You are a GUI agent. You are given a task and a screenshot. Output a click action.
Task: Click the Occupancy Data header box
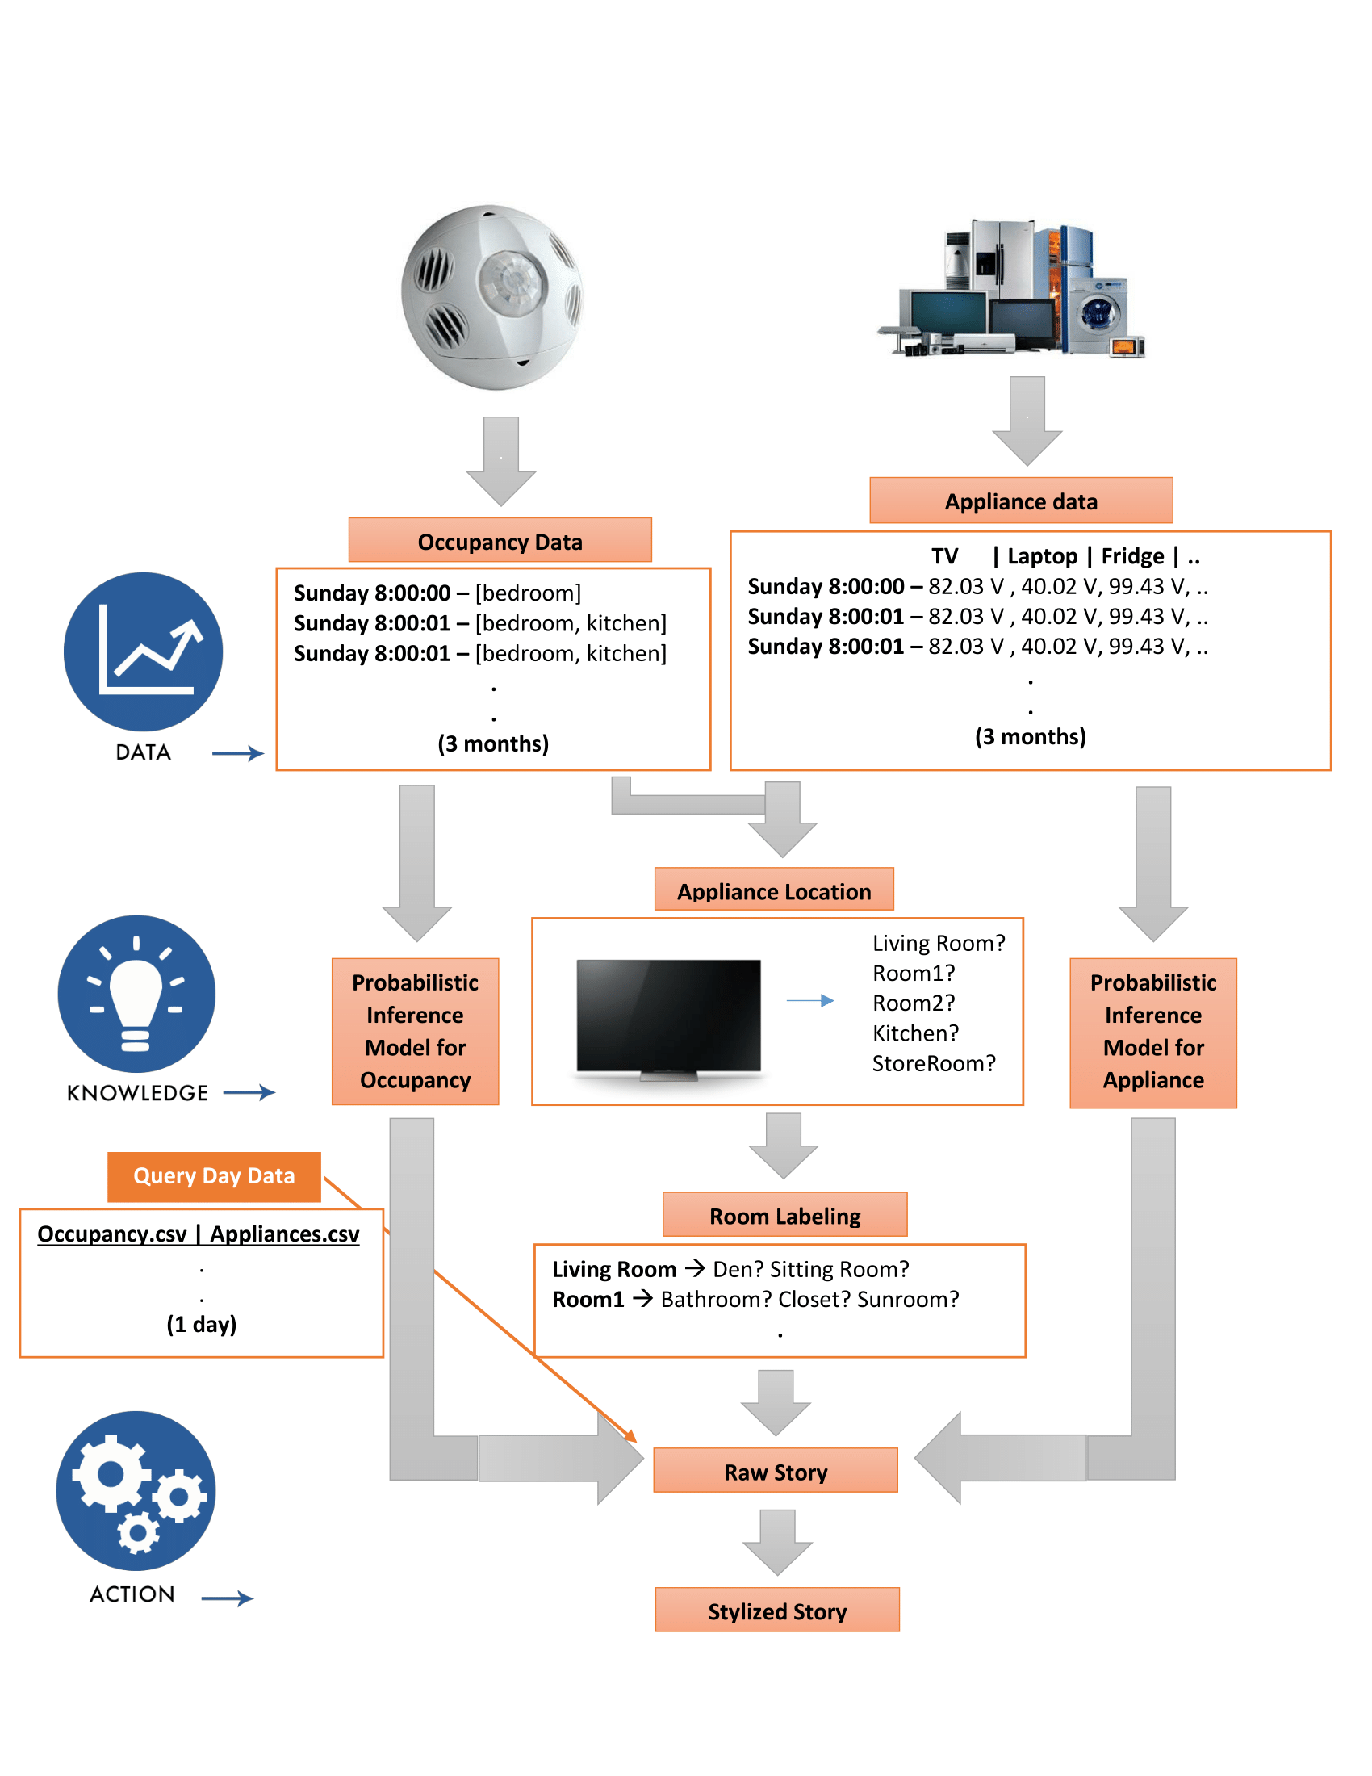[500, 541]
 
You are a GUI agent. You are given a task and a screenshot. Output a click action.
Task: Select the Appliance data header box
[1021, 501]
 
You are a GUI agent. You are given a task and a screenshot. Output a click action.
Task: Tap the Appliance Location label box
[774, 890]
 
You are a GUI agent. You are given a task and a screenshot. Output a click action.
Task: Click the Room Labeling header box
[784, 1215]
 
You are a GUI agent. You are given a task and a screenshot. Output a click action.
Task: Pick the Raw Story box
[776, 1471]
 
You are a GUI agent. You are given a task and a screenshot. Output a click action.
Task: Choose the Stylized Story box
[777, 1611]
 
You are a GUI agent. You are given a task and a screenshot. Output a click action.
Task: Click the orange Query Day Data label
[214, 1176]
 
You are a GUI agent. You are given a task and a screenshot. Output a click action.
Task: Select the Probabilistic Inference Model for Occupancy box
[416, 1031]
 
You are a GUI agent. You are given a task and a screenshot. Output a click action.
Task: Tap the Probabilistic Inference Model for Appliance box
[1152, 1031]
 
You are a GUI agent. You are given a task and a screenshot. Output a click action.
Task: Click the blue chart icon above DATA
[143, 651]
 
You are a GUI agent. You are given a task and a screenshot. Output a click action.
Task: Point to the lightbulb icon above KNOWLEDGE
[136, 994]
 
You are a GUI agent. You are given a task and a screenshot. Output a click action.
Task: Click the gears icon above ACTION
[136, 1490]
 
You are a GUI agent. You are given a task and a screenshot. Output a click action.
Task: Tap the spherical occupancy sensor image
[492, 297]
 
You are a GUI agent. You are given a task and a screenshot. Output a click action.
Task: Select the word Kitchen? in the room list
[915, 1033]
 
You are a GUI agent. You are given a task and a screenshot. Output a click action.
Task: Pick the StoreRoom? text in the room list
[933, 1063]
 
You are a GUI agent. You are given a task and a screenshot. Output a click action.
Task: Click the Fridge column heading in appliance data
[1132, 556]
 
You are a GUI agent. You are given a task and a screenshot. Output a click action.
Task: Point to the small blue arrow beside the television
[810, 1001]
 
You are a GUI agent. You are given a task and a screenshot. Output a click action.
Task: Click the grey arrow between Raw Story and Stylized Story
[777, 1542]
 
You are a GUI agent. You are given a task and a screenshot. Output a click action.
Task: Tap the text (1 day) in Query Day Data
[202, 1324]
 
